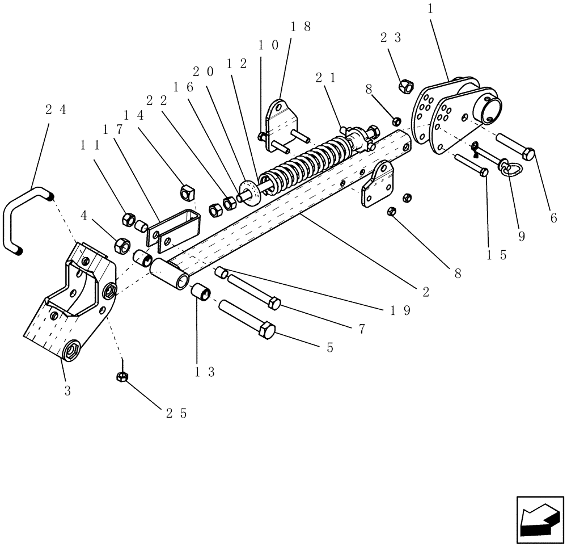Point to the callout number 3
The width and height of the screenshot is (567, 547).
(x=67, y=391)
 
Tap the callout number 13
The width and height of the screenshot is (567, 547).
(x=200, y=372)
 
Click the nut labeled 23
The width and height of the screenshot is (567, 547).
(x=405, y=86)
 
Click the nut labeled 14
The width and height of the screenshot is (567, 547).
(x=186, y=193)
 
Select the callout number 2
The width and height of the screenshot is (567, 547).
(x=426, y=292)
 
